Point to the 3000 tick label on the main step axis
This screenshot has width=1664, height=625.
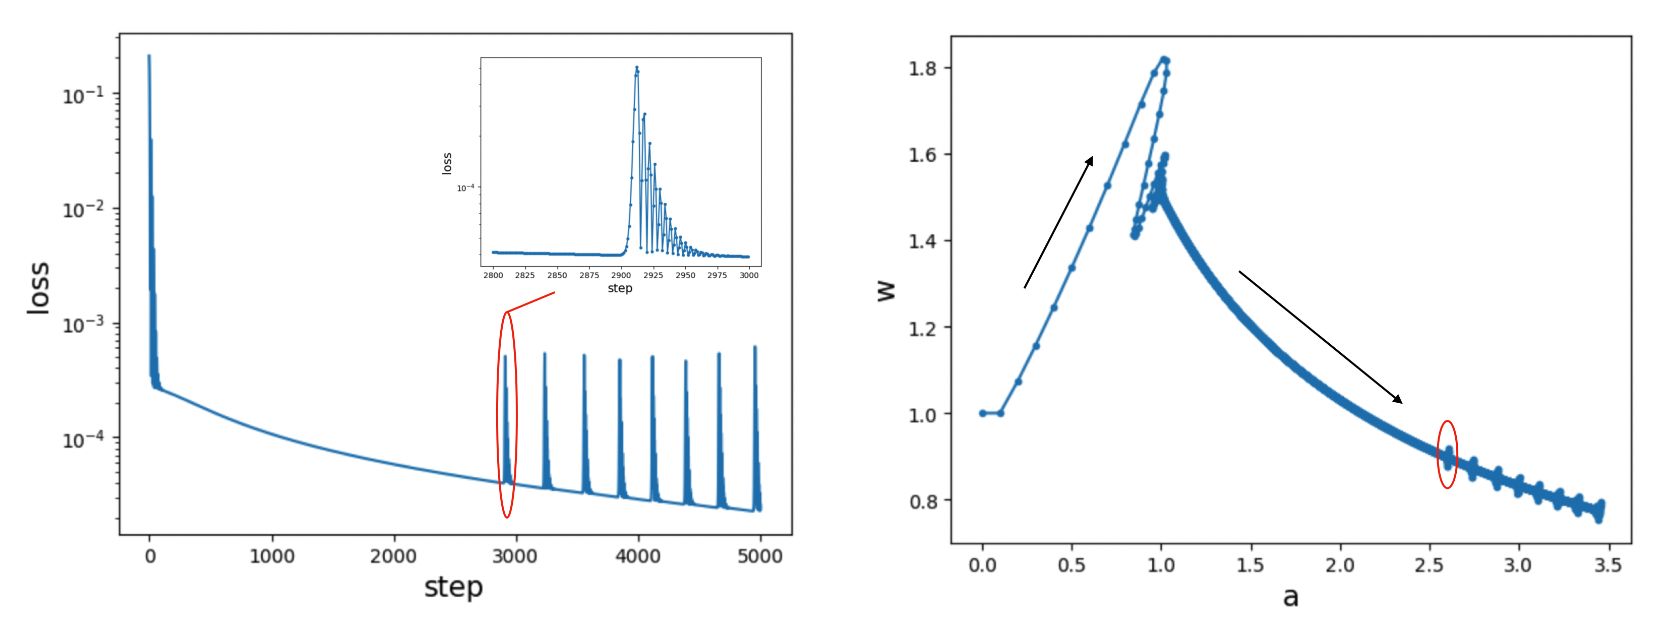[x=515, y=556]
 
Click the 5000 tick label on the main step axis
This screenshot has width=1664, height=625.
[x=760, y=556]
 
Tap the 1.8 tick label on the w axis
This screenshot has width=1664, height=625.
[x=922, y=69]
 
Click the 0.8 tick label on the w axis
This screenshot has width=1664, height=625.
[x=922, y=501]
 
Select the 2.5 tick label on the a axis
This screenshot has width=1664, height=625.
[x=1428, y=566]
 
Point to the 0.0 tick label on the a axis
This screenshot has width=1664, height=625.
[x=982, y=566]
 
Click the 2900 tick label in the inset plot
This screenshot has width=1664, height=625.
[x=621, y=276]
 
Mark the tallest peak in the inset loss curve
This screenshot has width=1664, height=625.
[x=637, y=67]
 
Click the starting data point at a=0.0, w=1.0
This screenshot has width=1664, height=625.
[x=982, y=413]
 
